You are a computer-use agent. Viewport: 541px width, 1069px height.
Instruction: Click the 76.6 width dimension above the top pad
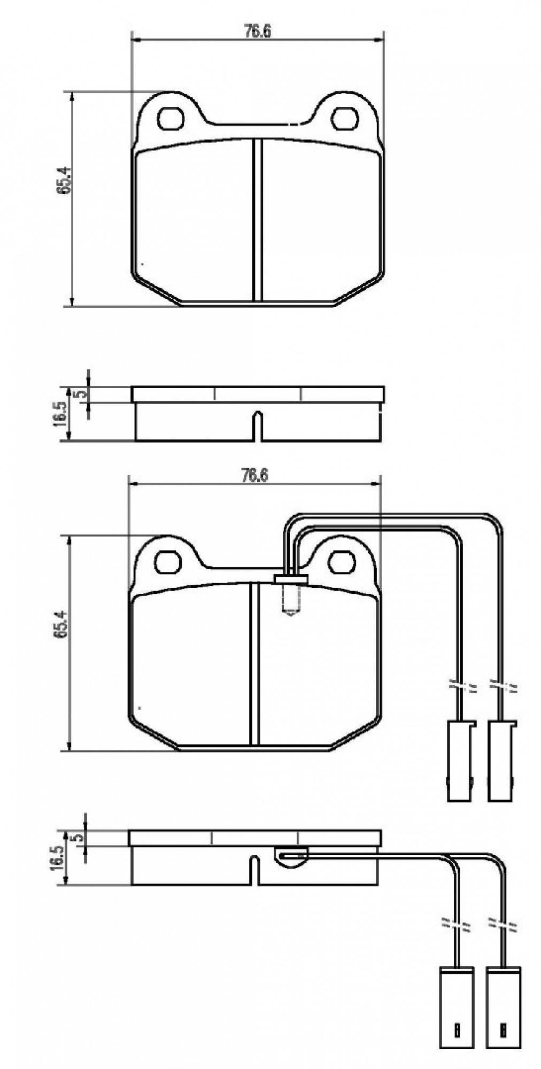(258, 32)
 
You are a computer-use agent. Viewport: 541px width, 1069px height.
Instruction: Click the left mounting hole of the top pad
(171, 119)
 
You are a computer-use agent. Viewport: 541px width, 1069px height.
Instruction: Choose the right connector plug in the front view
(501, 760)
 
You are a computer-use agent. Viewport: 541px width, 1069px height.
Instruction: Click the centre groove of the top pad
(258, 219)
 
